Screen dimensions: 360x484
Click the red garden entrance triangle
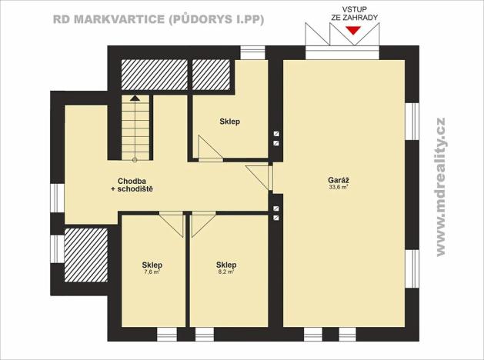[352, 31]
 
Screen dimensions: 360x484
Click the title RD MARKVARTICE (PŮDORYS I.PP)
[159, 19]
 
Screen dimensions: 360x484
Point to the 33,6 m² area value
[339, 187]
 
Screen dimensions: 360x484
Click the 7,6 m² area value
[152, 272]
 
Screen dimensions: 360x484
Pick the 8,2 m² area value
[225, 272]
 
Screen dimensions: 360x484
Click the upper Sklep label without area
[229, 122]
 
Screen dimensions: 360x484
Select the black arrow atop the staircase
[135, 98]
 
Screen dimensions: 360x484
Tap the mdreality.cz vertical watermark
[441, 187]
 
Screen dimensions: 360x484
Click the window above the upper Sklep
[252, 52]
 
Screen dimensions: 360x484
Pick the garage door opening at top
[343, 52]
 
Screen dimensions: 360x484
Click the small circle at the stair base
[135, 159]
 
